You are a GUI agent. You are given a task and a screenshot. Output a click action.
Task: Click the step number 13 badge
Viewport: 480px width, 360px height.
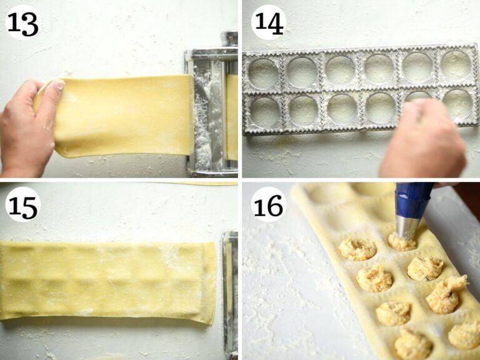23,22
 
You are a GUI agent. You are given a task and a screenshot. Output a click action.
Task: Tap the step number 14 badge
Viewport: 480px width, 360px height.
269,22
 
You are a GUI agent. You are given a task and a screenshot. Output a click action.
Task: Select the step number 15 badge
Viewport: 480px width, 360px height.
23,204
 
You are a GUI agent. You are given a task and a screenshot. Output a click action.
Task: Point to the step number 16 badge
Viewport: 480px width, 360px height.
269,204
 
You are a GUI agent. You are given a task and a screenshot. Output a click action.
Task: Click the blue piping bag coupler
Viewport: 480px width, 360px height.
412,199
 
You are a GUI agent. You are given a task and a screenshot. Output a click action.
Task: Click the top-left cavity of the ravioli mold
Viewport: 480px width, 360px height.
264,74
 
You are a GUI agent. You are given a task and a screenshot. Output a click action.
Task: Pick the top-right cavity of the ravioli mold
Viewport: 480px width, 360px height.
456,65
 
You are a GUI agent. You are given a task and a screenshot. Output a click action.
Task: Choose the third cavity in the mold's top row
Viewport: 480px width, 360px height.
340,70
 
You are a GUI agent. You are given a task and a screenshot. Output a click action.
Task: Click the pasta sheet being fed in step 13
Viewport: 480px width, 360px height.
122,116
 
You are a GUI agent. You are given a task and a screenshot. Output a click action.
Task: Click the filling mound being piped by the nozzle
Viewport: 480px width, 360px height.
402,242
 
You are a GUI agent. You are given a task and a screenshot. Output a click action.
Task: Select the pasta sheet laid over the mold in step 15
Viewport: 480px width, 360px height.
107,282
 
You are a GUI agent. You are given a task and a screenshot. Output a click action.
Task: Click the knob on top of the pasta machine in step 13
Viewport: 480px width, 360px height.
229,39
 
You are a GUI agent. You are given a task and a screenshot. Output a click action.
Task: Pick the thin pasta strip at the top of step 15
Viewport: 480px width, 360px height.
196,184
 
